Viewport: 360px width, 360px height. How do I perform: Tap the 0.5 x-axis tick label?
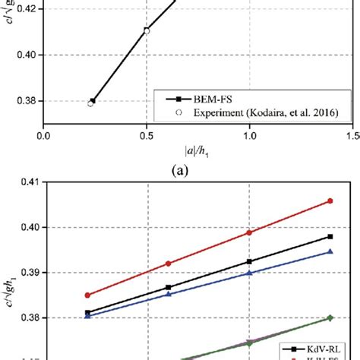pos(147,137)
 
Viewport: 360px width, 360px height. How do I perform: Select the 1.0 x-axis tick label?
pos(249,137)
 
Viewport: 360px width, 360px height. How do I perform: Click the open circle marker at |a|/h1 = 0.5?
pos(147,31)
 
